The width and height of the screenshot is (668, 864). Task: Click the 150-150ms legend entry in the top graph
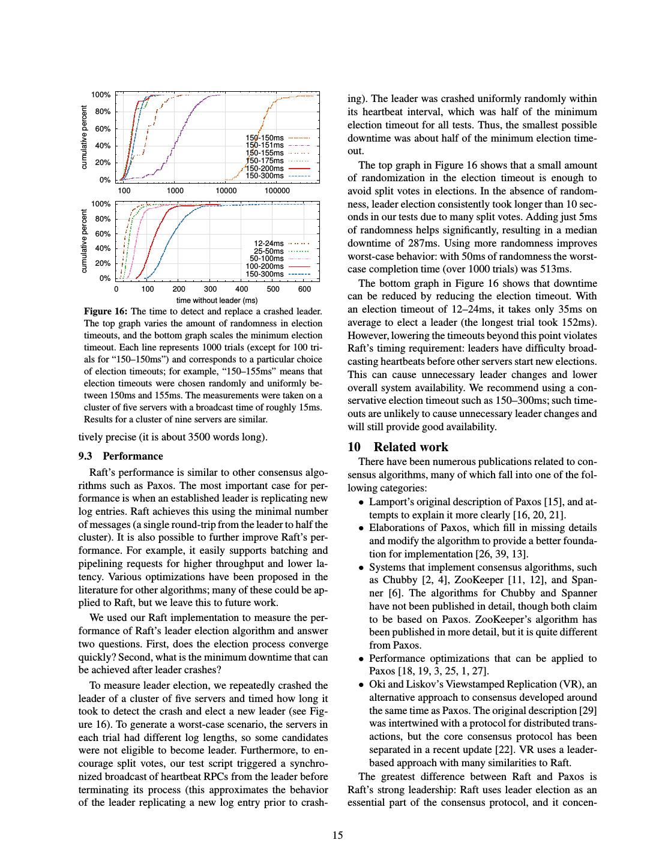tap(265, 138)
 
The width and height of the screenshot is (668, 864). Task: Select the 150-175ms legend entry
tap(265, 160)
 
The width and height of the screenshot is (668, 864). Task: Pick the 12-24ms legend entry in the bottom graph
tap(269, 243)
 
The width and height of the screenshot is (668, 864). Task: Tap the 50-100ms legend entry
tap(266, 259)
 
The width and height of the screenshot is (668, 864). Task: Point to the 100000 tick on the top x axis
tap(277, 191)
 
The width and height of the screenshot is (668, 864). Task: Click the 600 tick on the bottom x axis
tap(304, 289)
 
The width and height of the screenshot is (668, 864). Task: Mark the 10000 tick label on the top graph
tap(226, 191)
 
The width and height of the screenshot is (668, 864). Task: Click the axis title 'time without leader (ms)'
tap(217, 300)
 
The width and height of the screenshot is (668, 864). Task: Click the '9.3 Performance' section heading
tap(121, 456)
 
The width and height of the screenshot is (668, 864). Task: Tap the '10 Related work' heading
tap(398, 447)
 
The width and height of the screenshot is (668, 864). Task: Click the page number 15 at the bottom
tap(337, 835)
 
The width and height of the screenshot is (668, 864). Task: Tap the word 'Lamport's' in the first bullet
tap(389, 502)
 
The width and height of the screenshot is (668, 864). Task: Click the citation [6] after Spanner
tap(395, 593)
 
